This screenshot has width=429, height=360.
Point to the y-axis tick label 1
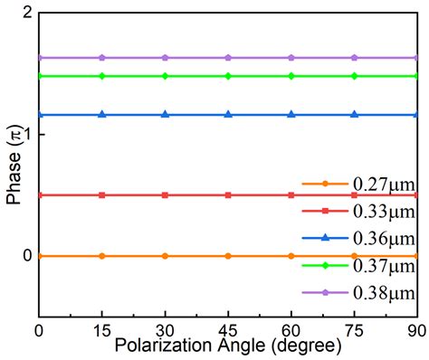coord(27,135)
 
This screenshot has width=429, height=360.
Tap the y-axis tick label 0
coord(27,256)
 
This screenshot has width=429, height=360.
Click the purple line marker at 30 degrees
coord(165,57)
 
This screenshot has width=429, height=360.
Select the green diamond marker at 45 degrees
coord(228,76)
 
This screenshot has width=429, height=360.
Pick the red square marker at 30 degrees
coord(165,194)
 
